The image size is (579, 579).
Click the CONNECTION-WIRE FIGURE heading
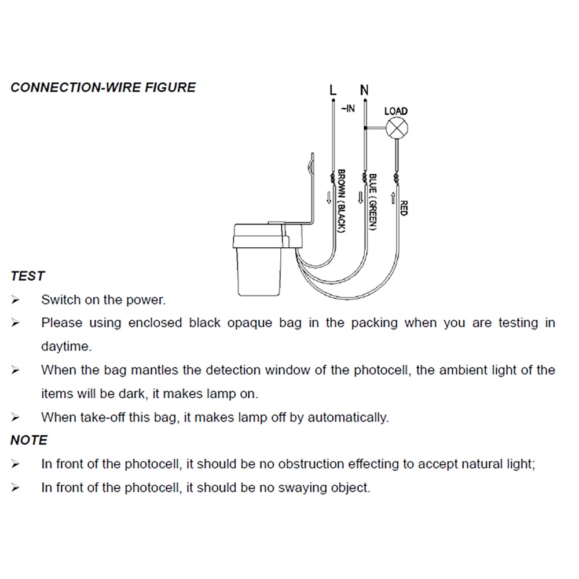point(103,87)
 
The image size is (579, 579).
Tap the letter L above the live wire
point(333,90)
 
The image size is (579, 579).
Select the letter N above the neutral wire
point(364,90)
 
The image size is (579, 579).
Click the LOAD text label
point(396,111)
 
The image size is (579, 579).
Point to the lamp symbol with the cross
point(397,128)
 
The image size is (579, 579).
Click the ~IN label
point(348,108)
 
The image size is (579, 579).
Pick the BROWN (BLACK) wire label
point(341,201)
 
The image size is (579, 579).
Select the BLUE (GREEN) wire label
point(372,202)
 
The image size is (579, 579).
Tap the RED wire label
point(403,208)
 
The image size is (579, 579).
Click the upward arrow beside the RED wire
point(393,198)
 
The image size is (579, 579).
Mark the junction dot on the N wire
point(365,128)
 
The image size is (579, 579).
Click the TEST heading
point(28,276)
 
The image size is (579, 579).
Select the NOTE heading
point(29,440)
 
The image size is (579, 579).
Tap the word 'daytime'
point(66,346)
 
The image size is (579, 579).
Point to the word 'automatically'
point(348,417)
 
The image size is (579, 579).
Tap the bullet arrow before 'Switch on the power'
point(15,300)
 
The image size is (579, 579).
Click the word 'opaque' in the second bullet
point(250,323)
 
